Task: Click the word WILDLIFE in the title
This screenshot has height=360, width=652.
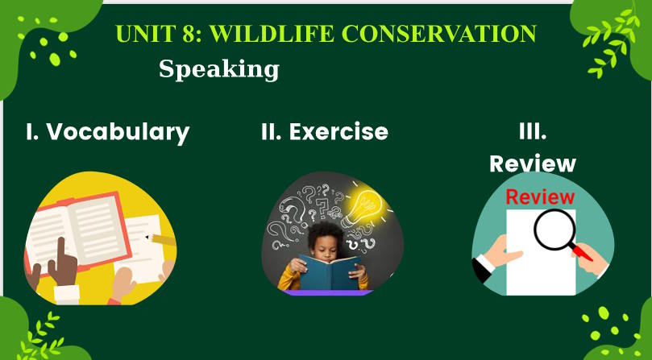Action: click(x=272, y=34)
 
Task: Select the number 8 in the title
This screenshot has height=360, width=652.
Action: click(x=189, y=34)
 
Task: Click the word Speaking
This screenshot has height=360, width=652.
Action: click(x=219, y=69)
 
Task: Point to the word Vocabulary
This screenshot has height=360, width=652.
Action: click(x=118, y=132)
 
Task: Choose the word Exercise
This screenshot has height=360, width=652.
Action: click(x=338, y=131)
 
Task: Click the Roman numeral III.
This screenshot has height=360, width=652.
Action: click(x=533, y=131)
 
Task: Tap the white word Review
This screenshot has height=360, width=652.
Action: click(x=533, y=163)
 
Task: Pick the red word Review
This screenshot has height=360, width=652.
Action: click(x=540, y=197)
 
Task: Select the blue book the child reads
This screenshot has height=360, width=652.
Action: click(x=330, y=272)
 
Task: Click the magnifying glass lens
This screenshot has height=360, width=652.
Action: click(x=554, y=230)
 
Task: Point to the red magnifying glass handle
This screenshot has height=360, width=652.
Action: click(x=581, y=252)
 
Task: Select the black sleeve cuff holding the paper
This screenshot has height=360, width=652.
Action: click(x=483, y=268)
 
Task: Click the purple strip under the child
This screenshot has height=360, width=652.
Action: click(x=327, y=292)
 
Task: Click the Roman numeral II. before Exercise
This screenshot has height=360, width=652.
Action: click(x=272, y=131)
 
